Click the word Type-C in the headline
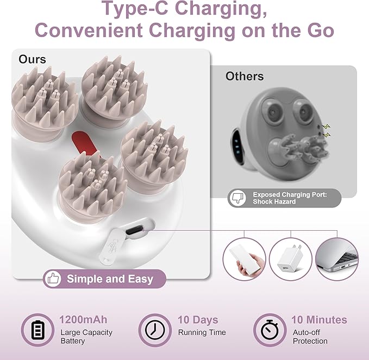coord(135,9)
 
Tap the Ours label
coord(32,59)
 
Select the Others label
coord(245,76)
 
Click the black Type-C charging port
coord(134,230)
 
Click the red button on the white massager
coord(85,143)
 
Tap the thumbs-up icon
coord(53,279)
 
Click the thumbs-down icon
coord(237,198)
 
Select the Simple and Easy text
coord(110,279)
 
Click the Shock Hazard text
coord(274,201)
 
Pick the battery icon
coord(37,330)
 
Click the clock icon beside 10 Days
coord(155,330)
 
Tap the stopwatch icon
coord(270,330)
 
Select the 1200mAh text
coord(83,320)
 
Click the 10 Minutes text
coord(319,320)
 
